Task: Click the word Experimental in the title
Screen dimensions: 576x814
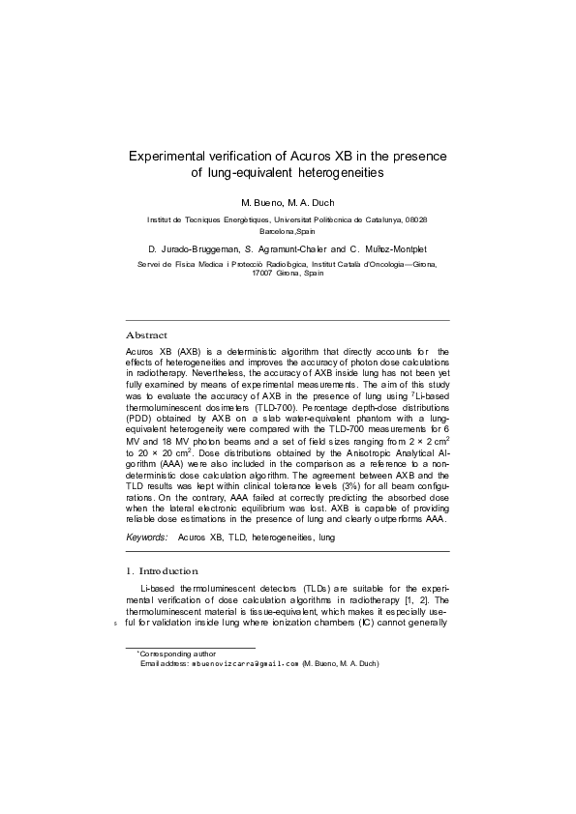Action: (173, 155)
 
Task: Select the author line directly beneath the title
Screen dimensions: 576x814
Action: (288, 204)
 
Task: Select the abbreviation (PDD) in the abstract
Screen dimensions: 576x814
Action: (141, 420)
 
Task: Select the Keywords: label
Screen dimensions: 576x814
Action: (147, 536)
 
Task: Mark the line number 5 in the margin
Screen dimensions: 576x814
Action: (116, 624)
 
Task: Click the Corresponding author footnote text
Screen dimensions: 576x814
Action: (177, 654)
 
